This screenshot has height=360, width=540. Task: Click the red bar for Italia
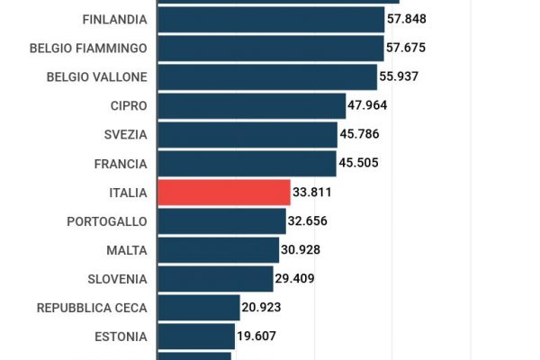click(x=224, y=192)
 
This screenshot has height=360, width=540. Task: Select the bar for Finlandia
click(x=271, y=19)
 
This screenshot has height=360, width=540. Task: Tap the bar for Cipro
click(x=251, y=105)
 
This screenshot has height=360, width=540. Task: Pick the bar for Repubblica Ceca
click(x=199, y=307)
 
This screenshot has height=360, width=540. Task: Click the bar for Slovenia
click(x=215, y=278)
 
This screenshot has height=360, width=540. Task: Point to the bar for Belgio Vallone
click(x=267, y=76)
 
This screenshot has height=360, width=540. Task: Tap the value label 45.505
click(x=358, y=163)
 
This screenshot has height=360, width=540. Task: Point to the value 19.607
click(x=256, y=336)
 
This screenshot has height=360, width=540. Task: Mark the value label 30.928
click(x=301, y=249)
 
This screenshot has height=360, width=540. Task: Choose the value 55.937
click(x=399, y=76)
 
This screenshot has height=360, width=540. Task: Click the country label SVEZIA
click(x=125, y=134)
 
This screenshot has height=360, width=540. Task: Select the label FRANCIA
click(x=121, y=163)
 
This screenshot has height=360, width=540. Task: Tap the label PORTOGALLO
click(x=107, y=220)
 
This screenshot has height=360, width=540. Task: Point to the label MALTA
click(x=127, y=249)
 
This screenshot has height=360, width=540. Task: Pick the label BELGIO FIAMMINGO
click(x=88, y=48)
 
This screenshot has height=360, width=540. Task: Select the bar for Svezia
click(x=247, y=134)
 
